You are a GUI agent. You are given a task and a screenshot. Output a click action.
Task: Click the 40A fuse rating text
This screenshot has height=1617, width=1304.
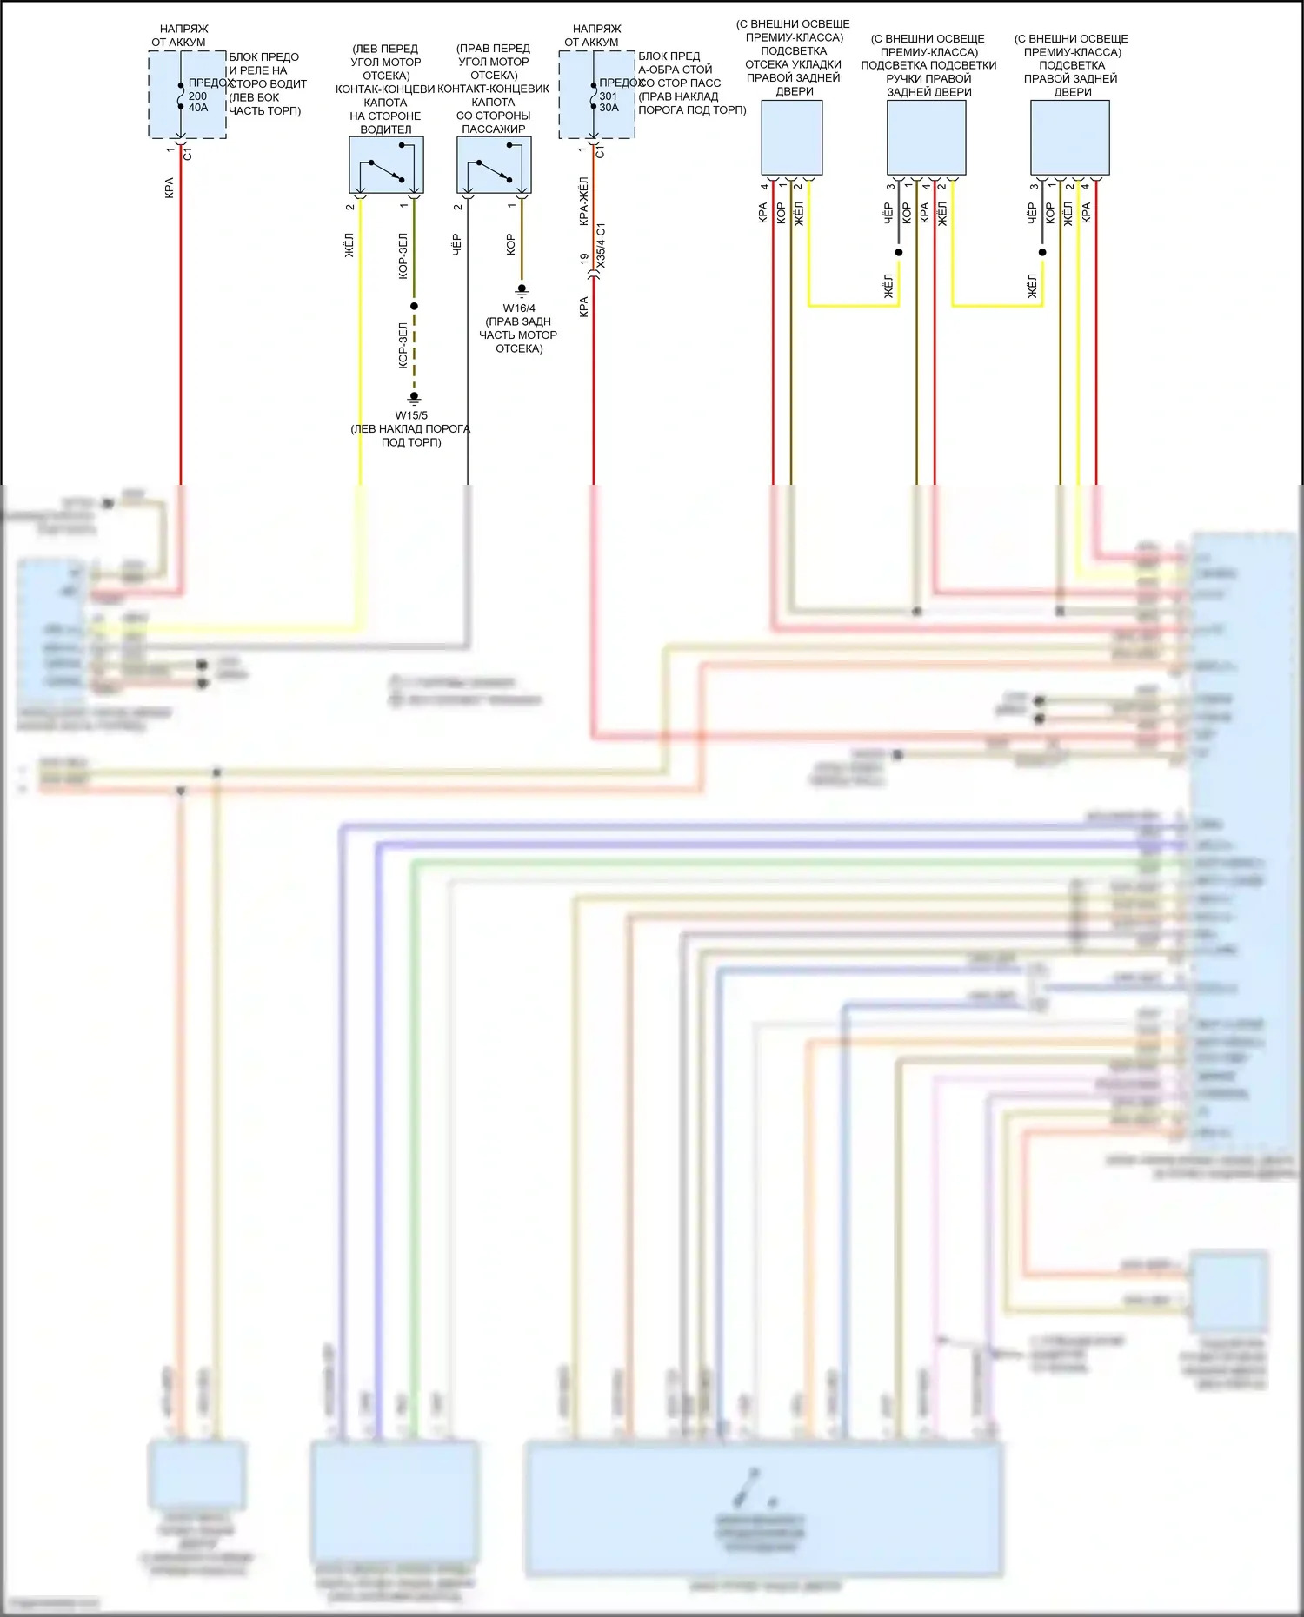pyautogui.click(x=198, y=108)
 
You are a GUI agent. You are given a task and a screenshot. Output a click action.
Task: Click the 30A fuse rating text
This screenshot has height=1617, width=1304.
pyautogui.click(x=609, y=108)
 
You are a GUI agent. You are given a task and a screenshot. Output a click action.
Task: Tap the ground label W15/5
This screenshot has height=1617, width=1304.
pyautogui.click(x=411, y=415)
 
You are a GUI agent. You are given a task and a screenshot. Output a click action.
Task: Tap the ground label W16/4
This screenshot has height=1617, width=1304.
pyautogui.click(x=519, y=308)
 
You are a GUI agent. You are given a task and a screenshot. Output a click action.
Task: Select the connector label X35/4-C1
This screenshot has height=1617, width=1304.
pyautogui.click(x=602, y=245)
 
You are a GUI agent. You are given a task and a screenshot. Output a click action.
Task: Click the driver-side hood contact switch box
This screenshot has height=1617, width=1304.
pyautogui.click(x=386, y=165)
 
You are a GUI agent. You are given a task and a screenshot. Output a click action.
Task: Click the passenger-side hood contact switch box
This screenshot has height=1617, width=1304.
pyautogui.click(x=494, y=165)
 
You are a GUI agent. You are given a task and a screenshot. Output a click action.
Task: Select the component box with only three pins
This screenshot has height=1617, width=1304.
pyautogui.click(x=792, y=137)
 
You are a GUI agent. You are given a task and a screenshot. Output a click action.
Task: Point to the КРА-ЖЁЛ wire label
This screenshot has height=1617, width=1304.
pyautogui.click(x=584, y=202)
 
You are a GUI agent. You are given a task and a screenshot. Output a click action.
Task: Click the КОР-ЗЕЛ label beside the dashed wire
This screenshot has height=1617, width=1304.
pyautogui.click(x=403, y=346)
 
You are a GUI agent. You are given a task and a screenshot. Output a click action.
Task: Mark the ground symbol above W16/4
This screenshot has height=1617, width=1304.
pyautogui.click(x=522, y=290)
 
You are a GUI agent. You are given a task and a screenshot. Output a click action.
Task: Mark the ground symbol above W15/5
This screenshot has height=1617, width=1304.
pyautogui.click(x=415, y=398)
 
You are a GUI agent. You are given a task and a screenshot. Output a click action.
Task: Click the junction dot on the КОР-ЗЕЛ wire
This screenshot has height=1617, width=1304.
pyautogui.click(x=415, y=306)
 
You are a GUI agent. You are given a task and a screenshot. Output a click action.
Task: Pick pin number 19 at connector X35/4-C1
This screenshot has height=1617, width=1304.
pyautogui.click(x=584, y=259)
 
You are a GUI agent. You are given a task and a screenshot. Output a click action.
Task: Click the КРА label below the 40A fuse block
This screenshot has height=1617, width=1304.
pyautogui.click(x=170, y=188)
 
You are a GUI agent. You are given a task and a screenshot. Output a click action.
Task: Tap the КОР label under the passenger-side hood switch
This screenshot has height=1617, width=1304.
pyautogui.click(x=511, y=244)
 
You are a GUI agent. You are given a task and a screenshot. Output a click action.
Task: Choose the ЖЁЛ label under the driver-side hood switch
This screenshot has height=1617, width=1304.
pyautogui.click(x=349, y=245)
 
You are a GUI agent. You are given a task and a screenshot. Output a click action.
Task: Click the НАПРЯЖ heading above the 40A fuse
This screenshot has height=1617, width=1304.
pyautogui.click(x=184, y=29)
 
